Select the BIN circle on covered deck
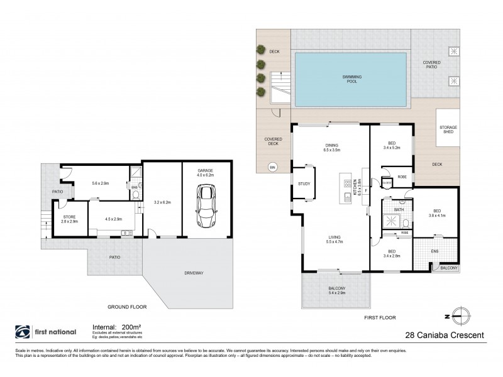(x=272, y=167)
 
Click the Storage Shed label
(x=447, y=130)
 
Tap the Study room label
(x=304, y=184)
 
